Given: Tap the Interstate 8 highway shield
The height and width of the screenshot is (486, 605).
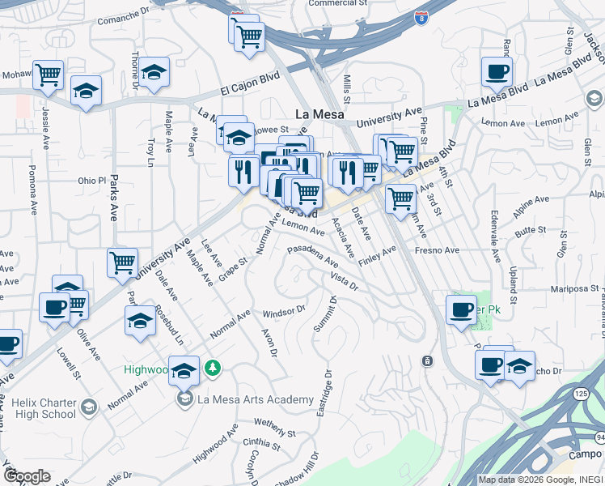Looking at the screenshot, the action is click(x=421, y=17).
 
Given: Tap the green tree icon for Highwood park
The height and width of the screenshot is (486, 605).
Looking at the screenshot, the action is click(x=213, y=369).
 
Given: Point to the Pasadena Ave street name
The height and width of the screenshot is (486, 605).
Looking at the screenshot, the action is click(x=311, y=255).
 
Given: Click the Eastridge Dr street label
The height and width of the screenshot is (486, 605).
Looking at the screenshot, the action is click(x=324, y=394).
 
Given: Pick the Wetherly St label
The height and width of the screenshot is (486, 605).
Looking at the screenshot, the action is click(x=276, y=423).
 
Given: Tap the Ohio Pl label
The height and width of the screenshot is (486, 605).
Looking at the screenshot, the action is click(x=91, y=181).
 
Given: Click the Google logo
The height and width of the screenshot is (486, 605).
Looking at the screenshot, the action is click(x=27, y=476).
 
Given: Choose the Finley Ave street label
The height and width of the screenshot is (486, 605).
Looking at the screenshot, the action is click(x=377, y=256).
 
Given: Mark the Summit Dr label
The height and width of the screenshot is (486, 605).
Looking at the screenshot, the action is click(x=331, y=314).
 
